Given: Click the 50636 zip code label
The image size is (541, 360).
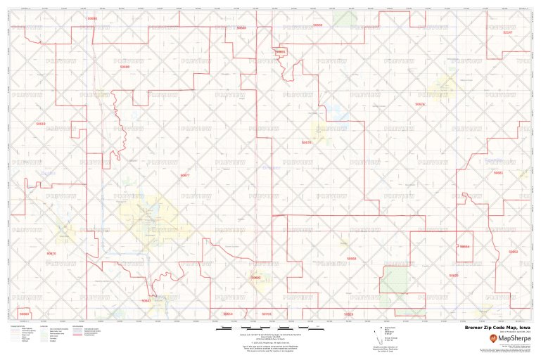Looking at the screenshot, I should click(x=92, y=18).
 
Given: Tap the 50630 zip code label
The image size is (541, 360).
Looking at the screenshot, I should click(x=317, y=25).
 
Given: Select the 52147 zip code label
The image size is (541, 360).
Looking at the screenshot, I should click(x=508, y=32).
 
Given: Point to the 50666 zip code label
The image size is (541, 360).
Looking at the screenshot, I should click(x=125, y=67).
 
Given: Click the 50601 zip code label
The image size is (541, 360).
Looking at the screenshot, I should click(x=281, y=52).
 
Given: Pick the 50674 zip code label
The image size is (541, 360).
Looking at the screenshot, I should click(x=420, y=104).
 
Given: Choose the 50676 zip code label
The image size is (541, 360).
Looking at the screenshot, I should click(x=306, y=142).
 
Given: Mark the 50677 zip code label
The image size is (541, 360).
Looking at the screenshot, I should click(x=185, y=175).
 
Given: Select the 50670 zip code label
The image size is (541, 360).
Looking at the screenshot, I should click(x=51, y=253).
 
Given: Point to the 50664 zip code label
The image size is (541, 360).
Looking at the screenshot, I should click(x=464, y=247).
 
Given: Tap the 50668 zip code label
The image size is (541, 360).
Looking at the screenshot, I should click(x=351, y=259).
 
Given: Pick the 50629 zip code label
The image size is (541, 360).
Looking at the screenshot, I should click(x=453, y=276).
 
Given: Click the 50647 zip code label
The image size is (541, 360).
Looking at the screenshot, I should click(x=146, y=300).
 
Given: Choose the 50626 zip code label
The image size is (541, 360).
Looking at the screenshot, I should click(x=348, y=314).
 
